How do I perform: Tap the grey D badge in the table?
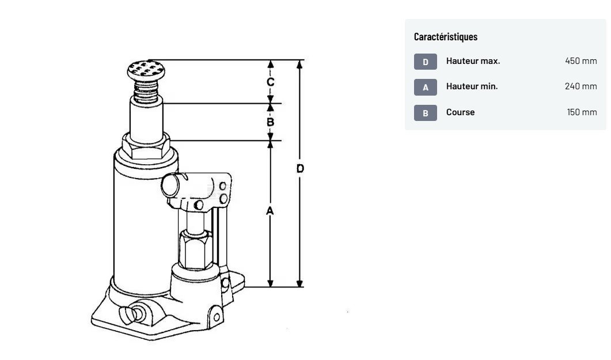(425, 62)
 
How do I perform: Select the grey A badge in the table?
(425, 87)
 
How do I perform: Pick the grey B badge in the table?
(425, 113)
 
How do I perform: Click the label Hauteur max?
(473, 61)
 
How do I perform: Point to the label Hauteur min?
(472, 86)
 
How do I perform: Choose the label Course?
(460, 112)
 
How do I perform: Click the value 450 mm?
(580, 61)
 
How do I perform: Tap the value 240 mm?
(580, 86)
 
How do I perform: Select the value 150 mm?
(582, 112)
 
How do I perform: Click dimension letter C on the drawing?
(270, 82)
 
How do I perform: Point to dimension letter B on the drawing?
(270, 122)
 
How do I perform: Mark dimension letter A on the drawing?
(270, 211)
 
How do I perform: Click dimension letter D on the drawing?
(299, 168)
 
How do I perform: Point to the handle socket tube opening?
(171, 185)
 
